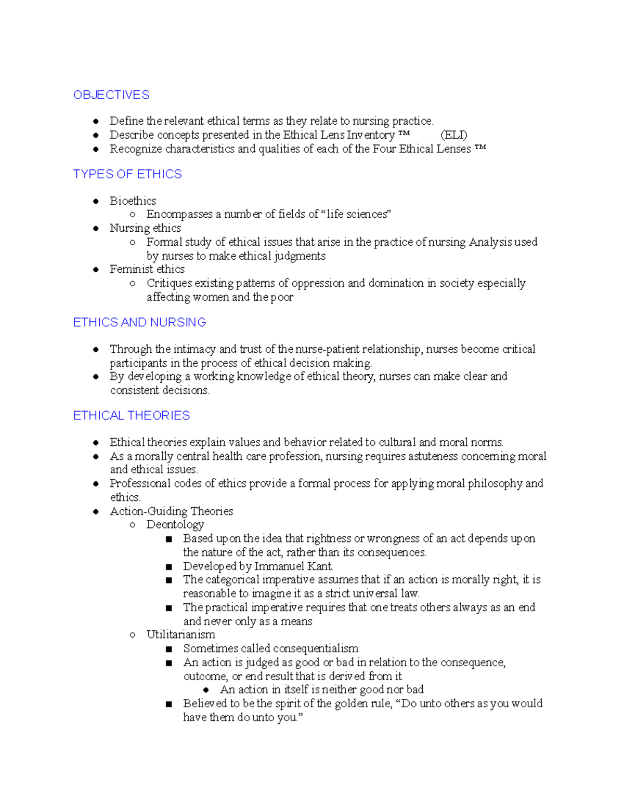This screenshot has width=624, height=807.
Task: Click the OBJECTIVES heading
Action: point(111,95)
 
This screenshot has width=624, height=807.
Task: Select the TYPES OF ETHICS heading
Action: point(127,174)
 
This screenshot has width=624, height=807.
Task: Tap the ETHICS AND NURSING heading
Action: point(139,322)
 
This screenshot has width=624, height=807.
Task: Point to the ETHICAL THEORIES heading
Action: point(132,416)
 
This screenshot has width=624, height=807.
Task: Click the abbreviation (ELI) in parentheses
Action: point(453,135)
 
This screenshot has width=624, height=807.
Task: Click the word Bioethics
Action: point(133,201)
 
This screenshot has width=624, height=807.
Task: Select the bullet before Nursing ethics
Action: point(96,228)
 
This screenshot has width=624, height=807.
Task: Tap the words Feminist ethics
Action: point(147,269)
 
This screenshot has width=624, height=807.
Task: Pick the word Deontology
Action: point(175,525)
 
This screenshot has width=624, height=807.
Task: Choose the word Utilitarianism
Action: point(180,634)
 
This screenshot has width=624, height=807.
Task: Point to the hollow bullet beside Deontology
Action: point(133,525)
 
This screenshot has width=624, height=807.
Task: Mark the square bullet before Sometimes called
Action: point(168,649)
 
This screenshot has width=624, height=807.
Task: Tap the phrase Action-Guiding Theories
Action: point(171,511)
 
